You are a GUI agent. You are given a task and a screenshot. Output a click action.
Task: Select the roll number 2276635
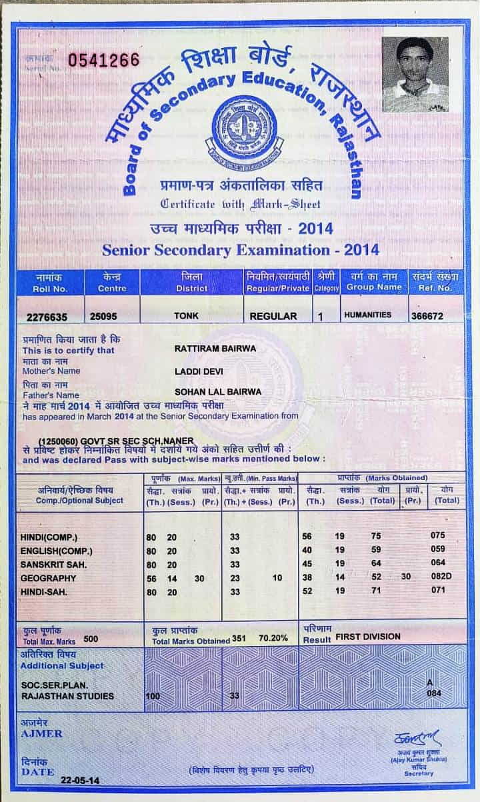(x=47, y=316)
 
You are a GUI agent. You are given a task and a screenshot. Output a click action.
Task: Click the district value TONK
(x=181, y=316)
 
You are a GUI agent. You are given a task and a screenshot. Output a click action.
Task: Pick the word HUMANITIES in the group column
(x=367, y=315)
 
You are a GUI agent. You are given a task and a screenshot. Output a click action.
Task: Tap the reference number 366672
(x=427, y=316)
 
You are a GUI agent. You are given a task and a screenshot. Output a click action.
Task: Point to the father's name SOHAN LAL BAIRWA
(x=217, y=391)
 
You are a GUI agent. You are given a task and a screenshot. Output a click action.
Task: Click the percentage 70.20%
(x=273, y=638)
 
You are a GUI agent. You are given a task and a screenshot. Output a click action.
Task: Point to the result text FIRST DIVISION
(x=368, y=637)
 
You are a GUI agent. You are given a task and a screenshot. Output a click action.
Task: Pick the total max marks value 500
(x=91, y=639)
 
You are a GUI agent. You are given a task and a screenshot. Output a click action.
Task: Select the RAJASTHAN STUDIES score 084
(x=435, y=693)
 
